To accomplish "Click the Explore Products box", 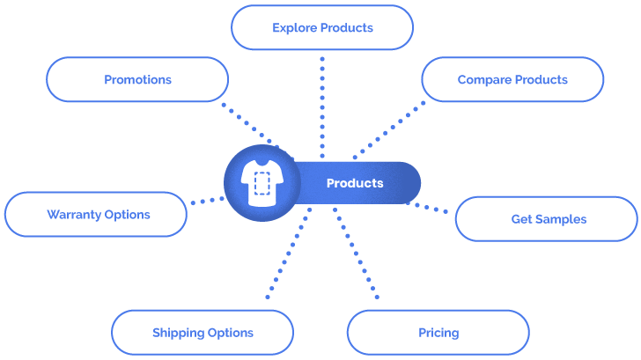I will pyautogui.click(x=322, y=27).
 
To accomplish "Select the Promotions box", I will pyautogui.click(x=137, y=79).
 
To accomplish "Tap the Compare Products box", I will pyautogui.click(x=512, y=79).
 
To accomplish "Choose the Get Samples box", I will pyautogui.click(x=548, y=218).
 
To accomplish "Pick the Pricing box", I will pyautogui.click(x=438, y=333).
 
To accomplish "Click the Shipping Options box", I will pyautogui.click(x=203, y=333).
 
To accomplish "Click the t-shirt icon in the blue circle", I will pyautogui.click(x=261, y=183).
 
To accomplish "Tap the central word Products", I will pyautogui.click(x=355, y=183).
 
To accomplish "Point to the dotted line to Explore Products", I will pyautogui.click(x=322, y=106).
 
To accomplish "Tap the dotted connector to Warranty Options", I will pyautogui.click(x=207, y=200).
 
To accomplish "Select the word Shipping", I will pyautogui.click(x=178, y=333).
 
